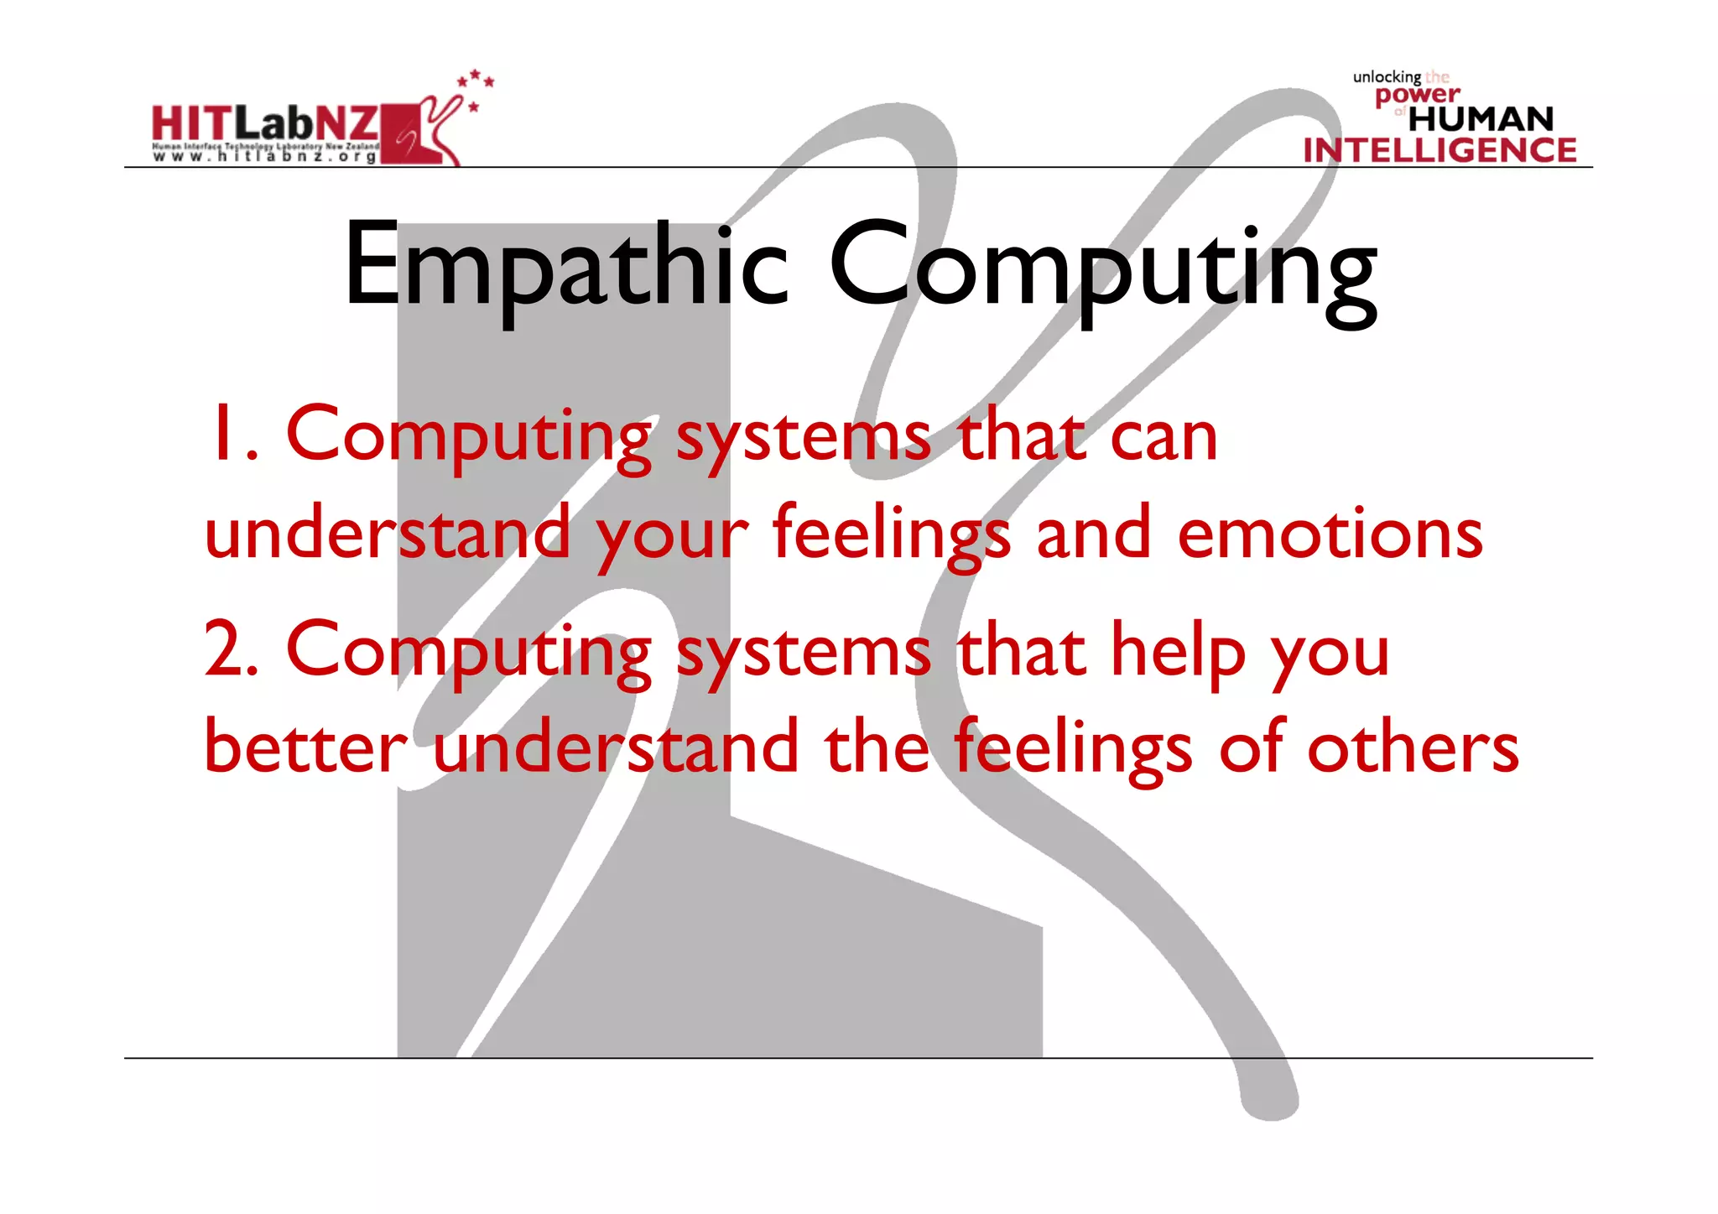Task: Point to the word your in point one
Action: pyautogui.click(x=671, y=537)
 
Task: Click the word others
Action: pyautogui.click(x=1413, y=747)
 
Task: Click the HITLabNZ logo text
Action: pyautogui.click(x=265, y=123)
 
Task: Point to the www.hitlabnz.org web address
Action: pyautogui.click(x=265, y=157)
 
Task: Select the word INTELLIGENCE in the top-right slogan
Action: pyautogui.click(x=1439, y=150)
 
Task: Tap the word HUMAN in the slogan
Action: pyautogui.click(x=1481, y=119)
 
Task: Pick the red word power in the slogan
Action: pyautogui.click(x=1417, y=95)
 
